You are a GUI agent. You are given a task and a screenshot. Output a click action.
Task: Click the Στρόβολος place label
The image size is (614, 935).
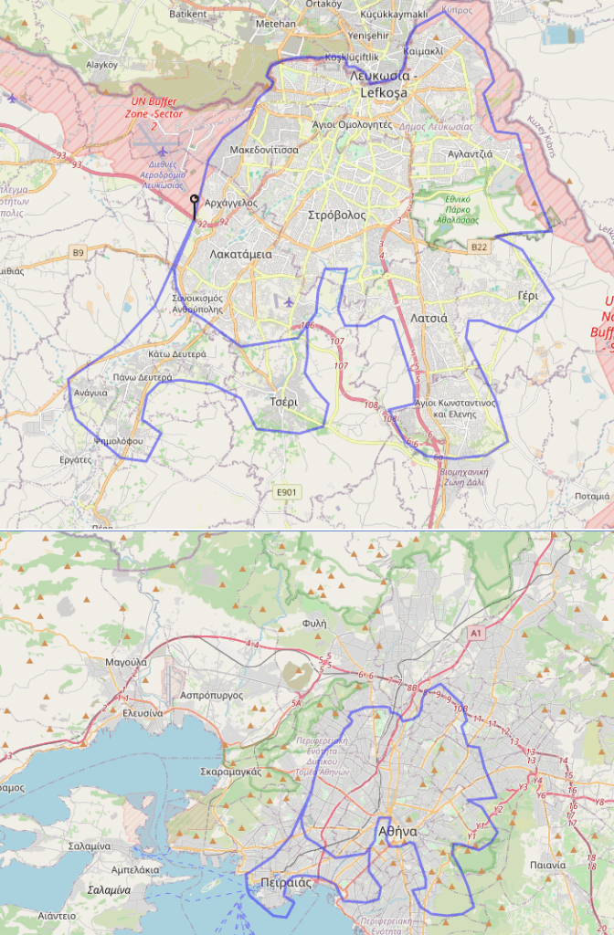click(336, 215)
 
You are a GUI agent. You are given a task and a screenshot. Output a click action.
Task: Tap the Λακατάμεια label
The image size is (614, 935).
click(240, 255)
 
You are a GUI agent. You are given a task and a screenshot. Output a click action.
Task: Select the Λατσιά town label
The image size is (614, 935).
click(429, 319)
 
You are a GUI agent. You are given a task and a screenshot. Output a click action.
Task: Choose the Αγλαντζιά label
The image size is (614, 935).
click(470, 153)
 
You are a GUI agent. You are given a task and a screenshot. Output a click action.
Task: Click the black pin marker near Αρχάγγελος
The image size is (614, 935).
click(194, 199)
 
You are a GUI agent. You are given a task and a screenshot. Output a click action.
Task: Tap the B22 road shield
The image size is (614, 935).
click(480, 247)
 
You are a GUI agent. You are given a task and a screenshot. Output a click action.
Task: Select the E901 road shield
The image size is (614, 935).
click(287, 493)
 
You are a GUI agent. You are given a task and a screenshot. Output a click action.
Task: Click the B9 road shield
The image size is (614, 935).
click(79, 252)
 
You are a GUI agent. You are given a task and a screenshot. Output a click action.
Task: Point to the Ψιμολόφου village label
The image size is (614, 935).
click(119, 440)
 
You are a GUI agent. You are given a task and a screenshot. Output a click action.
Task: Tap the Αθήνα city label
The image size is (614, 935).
click(397, 832)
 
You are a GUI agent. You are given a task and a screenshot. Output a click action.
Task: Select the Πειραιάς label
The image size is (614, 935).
click(281, 883)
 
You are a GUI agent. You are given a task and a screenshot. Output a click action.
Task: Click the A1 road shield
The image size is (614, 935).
click(475, 632)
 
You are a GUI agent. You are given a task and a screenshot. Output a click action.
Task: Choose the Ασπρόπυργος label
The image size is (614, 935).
click(212, 695)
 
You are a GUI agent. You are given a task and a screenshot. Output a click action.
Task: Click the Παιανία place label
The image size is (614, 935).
click(548, 864)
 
